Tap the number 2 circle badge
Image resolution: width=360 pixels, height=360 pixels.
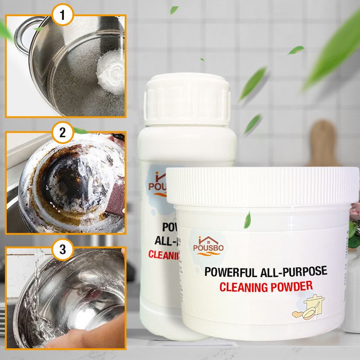[63, 133]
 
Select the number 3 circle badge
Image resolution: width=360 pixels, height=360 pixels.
[63, 248]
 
